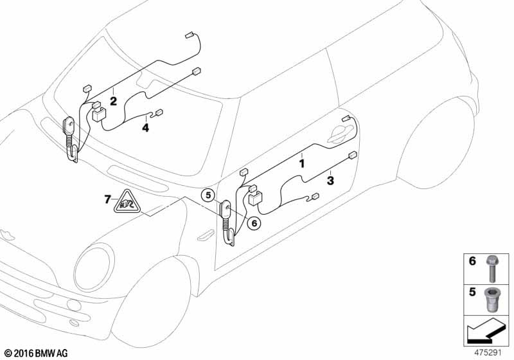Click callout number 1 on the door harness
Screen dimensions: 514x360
(302, 163)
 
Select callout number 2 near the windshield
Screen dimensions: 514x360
(113, 102)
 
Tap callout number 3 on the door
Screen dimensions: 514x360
(330, 181)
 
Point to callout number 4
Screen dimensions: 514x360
(146, 127)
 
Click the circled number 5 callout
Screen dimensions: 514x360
(208, 195)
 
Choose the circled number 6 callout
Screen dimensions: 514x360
(254, 223)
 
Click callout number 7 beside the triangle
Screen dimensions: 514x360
(107, 199)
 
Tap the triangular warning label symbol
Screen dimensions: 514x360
(127, 202)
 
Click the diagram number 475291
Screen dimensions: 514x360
(488, 353)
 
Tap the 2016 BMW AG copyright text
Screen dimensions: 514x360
(36, 353)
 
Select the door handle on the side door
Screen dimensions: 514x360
(341, 134)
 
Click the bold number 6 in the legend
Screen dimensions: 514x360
(472, 261)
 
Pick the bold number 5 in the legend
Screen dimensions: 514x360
(472, 291)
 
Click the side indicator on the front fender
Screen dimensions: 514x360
(206, 235)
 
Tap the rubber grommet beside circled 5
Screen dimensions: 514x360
(227, 223)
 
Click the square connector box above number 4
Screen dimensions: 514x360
(100, 114)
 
